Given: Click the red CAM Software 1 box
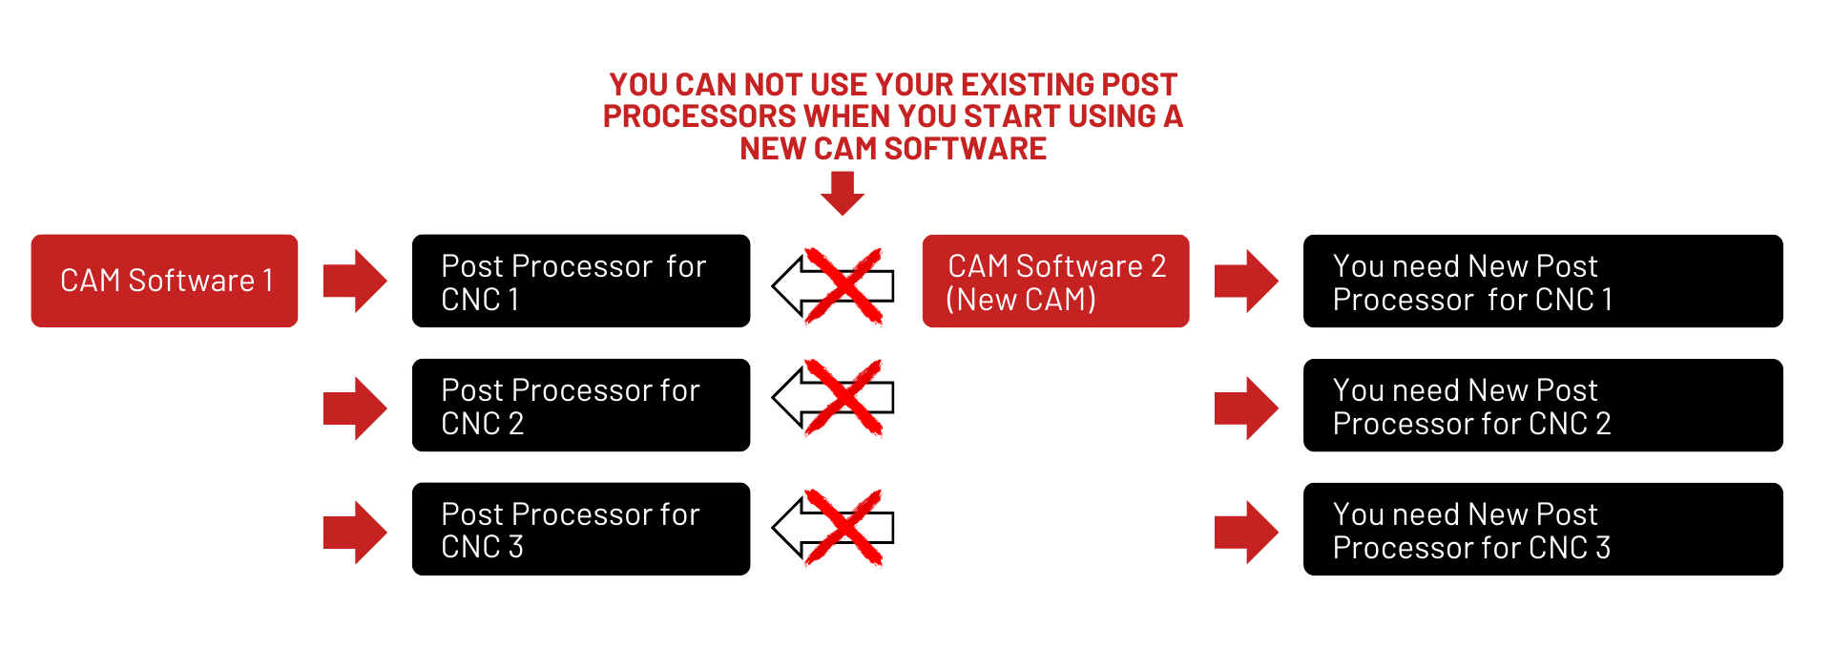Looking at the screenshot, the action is click(164, 281).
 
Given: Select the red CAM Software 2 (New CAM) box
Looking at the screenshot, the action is click(1055, 281).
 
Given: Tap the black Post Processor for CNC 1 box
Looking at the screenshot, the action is click(581, 281).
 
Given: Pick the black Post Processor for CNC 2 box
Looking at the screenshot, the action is click(581, 405).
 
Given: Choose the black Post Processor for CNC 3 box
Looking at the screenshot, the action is click(581, 529).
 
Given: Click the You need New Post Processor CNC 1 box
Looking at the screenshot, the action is click(1543, 281).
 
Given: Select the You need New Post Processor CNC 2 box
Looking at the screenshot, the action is click(1543, 405).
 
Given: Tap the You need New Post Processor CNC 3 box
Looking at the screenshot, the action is click(1543, 529).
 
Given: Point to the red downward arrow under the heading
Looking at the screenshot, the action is click(843, 194).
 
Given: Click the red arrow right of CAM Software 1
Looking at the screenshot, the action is click(355, 282).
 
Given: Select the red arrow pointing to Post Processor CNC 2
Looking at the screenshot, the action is click(355, 408).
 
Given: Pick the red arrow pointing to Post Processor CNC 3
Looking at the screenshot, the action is click(355, 533).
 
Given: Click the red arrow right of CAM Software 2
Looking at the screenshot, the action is click(1246, 282).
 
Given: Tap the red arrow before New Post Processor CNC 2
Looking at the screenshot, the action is click(1246, 408).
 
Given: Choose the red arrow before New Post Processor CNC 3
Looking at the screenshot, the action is click(1246, 533).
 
